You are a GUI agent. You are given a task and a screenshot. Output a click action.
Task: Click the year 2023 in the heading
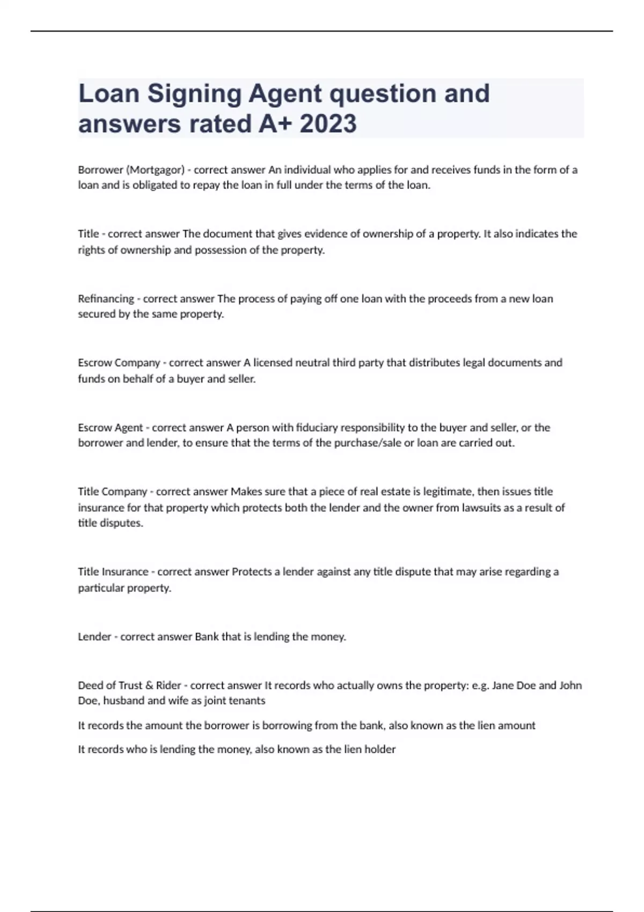(328, 124)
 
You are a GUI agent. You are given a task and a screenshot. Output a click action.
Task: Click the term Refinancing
(106, 299)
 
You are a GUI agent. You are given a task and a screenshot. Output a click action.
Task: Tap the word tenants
(247, 701)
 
